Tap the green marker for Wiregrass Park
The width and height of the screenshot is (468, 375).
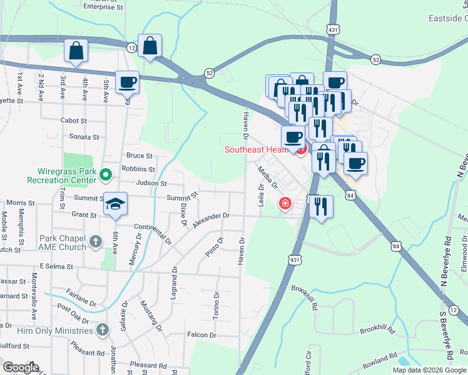coord(106,174)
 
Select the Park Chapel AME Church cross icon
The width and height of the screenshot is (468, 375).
coord(95,241)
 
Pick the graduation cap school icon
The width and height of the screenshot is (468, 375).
coord(116,204)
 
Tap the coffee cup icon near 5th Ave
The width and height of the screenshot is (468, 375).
coord(128,82)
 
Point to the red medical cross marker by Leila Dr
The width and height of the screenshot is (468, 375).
coord(285,203)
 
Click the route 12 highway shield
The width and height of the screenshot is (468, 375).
coord(131,47)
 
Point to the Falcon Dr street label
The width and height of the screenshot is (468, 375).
coord(201,335)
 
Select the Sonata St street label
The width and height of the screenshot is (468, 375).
coord(84,137)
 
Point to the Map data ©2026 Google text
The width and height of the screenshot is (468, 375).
coord(429,370)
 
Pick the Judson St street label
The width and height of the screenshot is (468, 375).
coord(151,184)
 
